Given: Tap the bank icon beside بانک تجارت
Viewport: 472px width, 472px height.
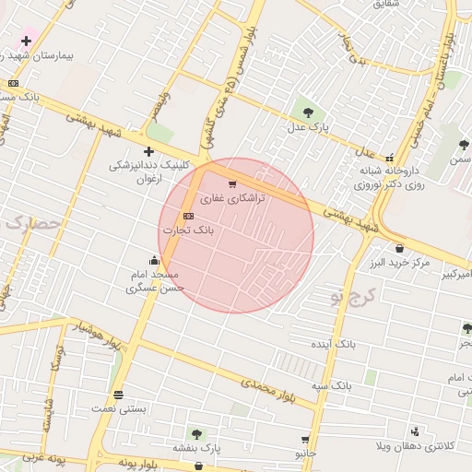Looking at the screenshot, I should (x=189, y=216).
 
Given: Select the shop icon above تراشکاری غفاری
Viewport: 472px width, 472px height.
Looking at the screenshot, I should (x=231, y=183).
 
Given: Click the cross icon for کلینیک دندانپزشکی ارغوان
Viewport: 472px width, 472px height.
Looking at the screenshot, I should (x=148, y=151).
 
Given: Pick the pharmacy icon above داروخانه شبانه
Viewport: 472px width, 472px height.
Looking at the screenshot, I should (x=389, y=158).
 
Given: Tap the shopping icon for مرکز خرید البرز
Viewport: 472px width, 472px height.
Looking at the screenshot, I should (x=398, y=248).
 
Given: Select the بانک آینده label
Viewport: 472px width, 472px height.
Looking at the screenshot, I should (x=332, y=344).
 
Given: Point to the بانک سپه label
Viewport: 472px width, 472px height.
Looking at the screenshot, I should (x=331, y=384).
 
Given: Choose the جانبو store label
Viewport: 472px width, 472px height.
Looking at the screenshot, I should (x=305, y=454).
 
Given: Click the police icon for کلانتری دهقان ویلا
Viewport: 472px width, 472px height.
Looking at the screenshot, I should (x=416, y=431).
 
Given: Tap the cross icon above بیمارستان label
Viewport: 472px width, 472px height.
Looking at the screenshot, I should (x=26, y=41).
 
